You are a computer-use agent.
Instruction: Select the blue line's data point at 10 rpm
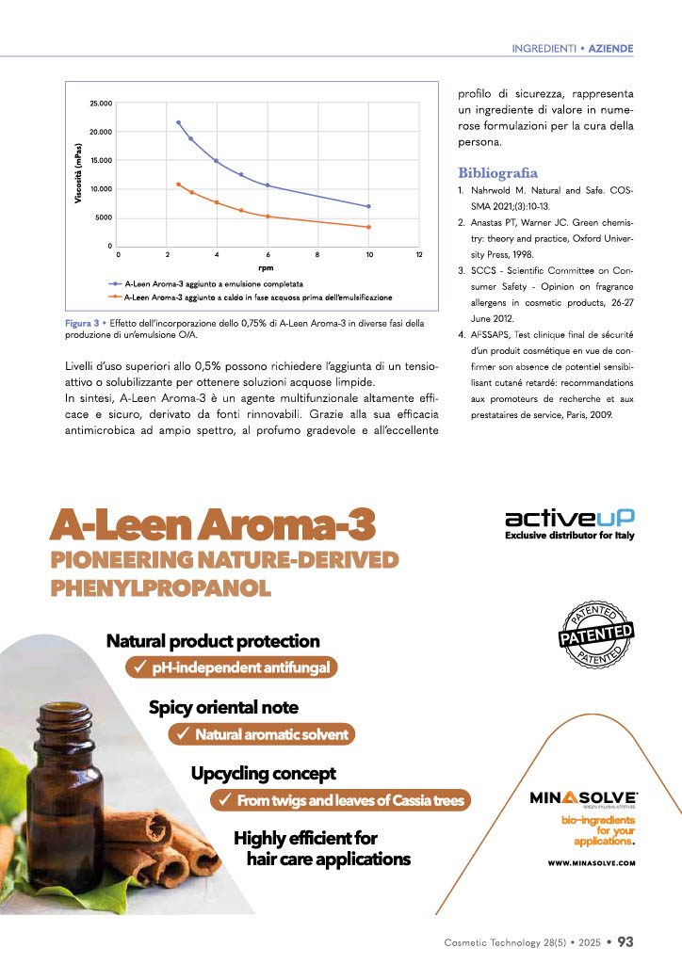368,206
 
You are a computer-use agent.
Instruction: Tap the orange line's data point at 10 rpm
368,227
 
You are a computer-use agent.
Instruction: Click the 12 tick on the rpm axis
419,254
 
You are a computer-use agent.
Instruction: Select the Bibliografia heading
497,173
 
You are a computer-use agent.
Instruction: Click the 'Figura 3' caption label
81,324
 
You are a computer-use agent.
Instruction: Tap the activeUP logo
569,518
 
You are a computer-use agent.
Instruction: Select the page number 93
626,940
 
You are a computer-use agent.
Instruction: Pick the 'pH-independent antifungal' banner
232,667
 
